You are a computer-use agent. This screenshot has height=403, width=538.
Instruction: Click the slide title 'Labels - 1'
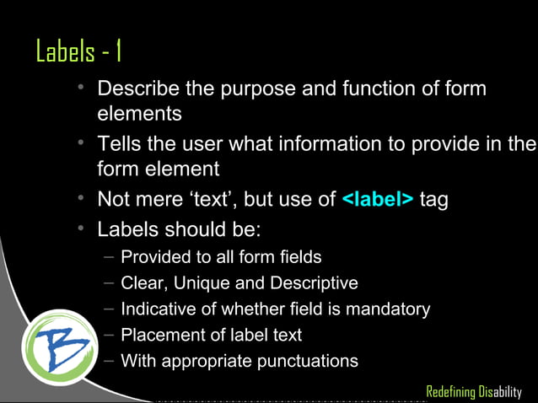pyautogui.click(x=79, y=52)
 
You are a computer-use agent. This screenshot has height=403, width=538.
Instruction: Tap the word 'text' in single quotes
pyautogui.click(x=246, y=200)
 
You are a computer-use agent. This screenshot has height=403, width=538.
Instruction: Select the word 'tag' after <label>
pyautogui.click(x=433, y=200)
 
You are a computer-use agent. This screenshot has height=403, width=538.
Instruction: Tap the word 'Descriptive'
pyautogui.click(x=314, y=282)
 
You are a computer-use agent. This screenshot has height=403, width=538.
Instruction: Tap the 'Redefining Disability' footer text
pyautogui.click(x=474, y=392)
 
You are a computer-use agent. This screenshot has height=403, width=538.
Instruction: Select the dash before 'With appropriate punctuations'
pyautogui.click(x=110, y=361)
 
